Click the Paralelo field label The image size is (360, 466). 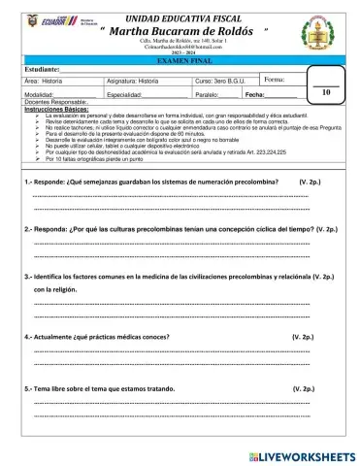[207, 95]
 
